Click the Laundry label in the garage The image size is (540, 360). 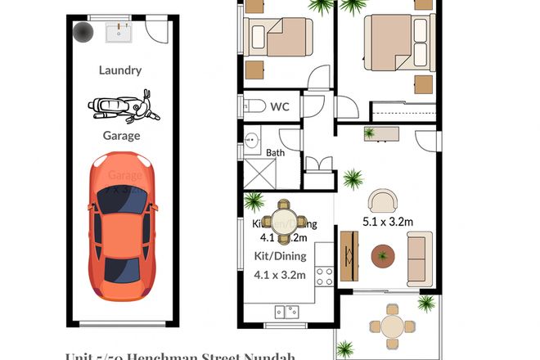(119, 70)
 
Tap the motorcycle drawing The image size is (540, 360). (119, 106)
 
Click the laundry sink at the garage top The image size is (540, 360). (120, 34)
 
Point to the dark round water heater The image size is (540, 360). (83, 33)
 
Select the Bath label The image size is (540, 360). (277, 153)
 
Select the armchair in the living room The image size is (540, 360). (382, 200)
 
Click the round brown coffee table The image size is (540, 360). (383, 257)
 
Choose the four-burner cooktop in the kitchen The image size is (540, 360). (324, 277)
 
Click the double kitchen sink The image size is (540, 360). (287, 311)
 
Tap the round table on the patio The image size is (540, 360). (393, 326)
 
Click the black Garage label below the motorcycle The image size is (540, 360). (121, 136)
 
